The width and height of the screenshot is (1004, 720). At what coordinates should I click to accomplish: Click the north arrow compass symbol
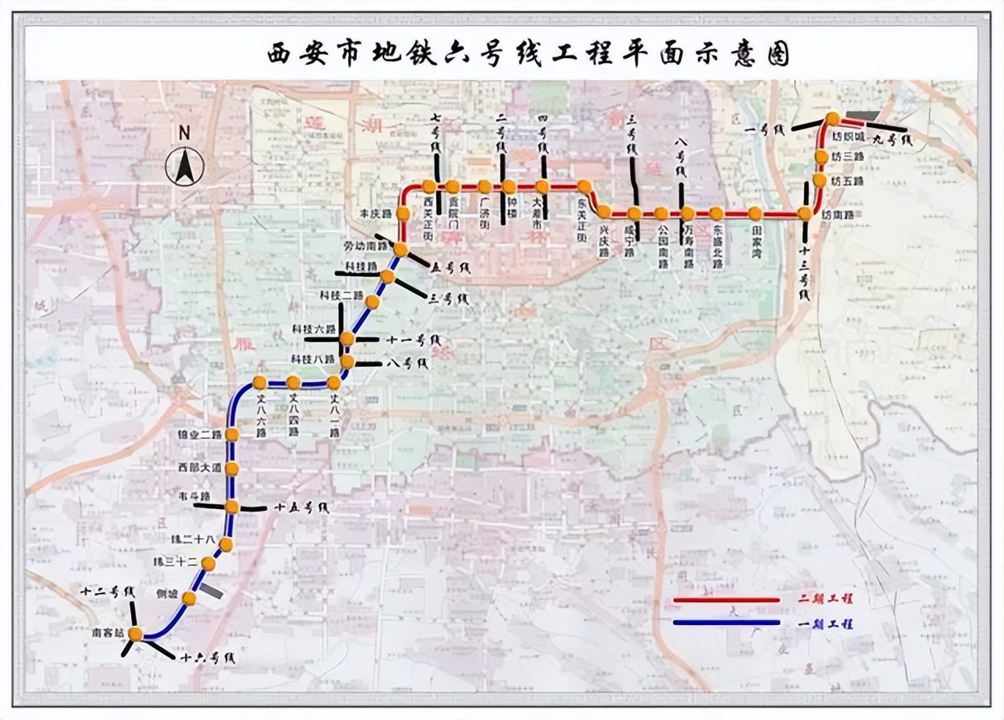[x=185, y=165]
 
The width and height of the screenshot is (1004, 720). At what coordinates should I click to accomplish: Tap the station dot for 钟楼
[x=509, y=187]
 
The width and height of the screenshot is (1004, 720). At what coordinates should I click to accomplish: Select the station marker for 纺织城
[x=833, y=119]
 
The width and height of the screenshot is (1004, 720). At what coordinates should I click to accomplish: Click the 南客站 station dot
[x=136, y=634]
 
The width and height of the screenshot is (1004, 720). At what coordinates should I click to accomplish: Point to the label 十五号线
[x=301, y=508]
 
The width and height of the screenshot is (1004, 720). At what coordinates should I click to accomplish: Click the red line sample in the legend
[x=726, y=600]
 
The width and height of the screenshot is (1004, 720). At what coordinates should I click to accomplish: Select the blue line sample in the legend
[x=726, y=624]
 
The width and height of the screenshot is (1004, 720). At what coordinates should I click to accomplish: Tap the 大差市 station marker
[x=542, y=187]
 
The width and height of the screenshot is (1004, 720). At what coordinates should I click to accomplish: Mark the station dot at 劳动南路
[x=400, y=250]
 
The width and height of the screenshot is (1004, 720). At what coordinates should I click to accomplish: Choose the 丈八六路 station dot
[x=260, y=383]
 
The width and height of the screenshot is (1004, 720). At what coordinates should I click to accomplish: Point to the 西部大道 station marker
[x=232, y=469]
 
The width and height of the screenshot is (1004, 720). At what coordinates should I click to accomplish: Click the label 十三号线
[x=805, y=270]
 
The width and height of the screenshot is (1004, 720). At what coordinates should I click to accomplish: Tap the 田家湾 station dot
[x=755, y=213]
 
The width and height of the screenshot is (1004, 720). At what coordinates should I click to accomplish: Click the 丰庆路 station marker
[x=403, y=213]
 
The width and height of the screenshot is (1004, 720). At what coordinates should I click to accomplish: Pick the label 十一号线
[x=414, y=340]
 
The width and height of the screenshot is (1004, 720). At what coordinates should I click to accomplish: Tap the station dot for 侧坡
[x=189, y=598]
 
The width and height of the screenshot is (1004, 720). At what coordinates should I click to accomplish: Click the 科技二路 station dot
[x=373, y=301]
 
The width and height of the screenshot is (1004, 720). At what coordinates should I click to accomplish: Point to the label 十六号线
[x=207, y=659]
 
